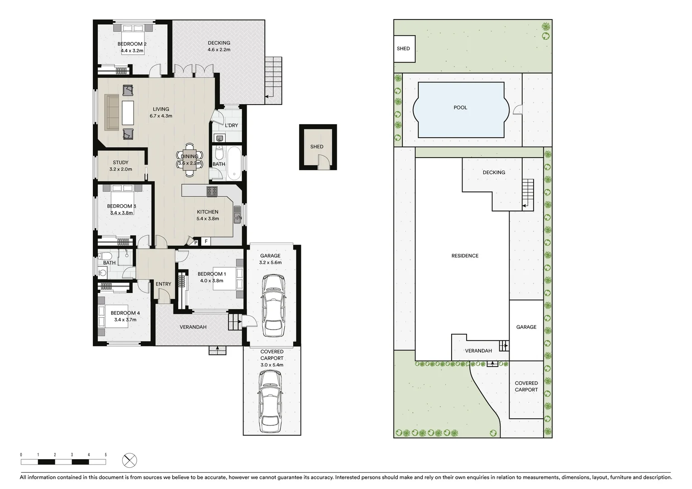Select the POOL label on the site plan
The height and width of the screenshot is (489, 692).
(x=460, y=108)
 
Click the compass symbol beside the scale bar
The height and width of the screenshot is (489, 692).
(x=130, y=460)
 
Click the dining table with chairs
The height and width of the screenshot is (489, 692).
(x=190, y=160)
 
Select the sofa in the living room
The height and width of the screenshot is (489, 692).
(x=112, y=112)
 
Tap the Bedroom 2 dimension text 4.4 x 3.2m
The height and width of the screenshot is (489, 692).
(x=132, y=51)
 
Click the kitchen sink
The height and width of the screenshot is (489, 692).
(x=237, y=215)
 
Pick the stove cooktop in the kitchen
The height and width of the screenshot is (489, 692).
(x=212, y=192)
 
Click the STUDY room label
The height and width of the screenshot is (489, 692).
(x=121, y=163)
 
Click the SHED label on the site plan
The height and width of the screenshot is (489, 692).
(x=403, y=49)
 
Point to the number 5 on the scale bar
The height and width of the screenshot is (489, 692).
(x=106, y=455)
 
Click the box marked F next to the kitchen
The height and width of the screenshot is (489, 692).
(x=206, y=242)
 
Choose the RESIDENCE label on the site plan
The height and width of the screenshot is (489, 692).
(x=465, y=256)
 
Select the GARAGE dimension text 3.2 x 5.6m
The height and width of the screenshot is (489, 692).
(x=270, y=263)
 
